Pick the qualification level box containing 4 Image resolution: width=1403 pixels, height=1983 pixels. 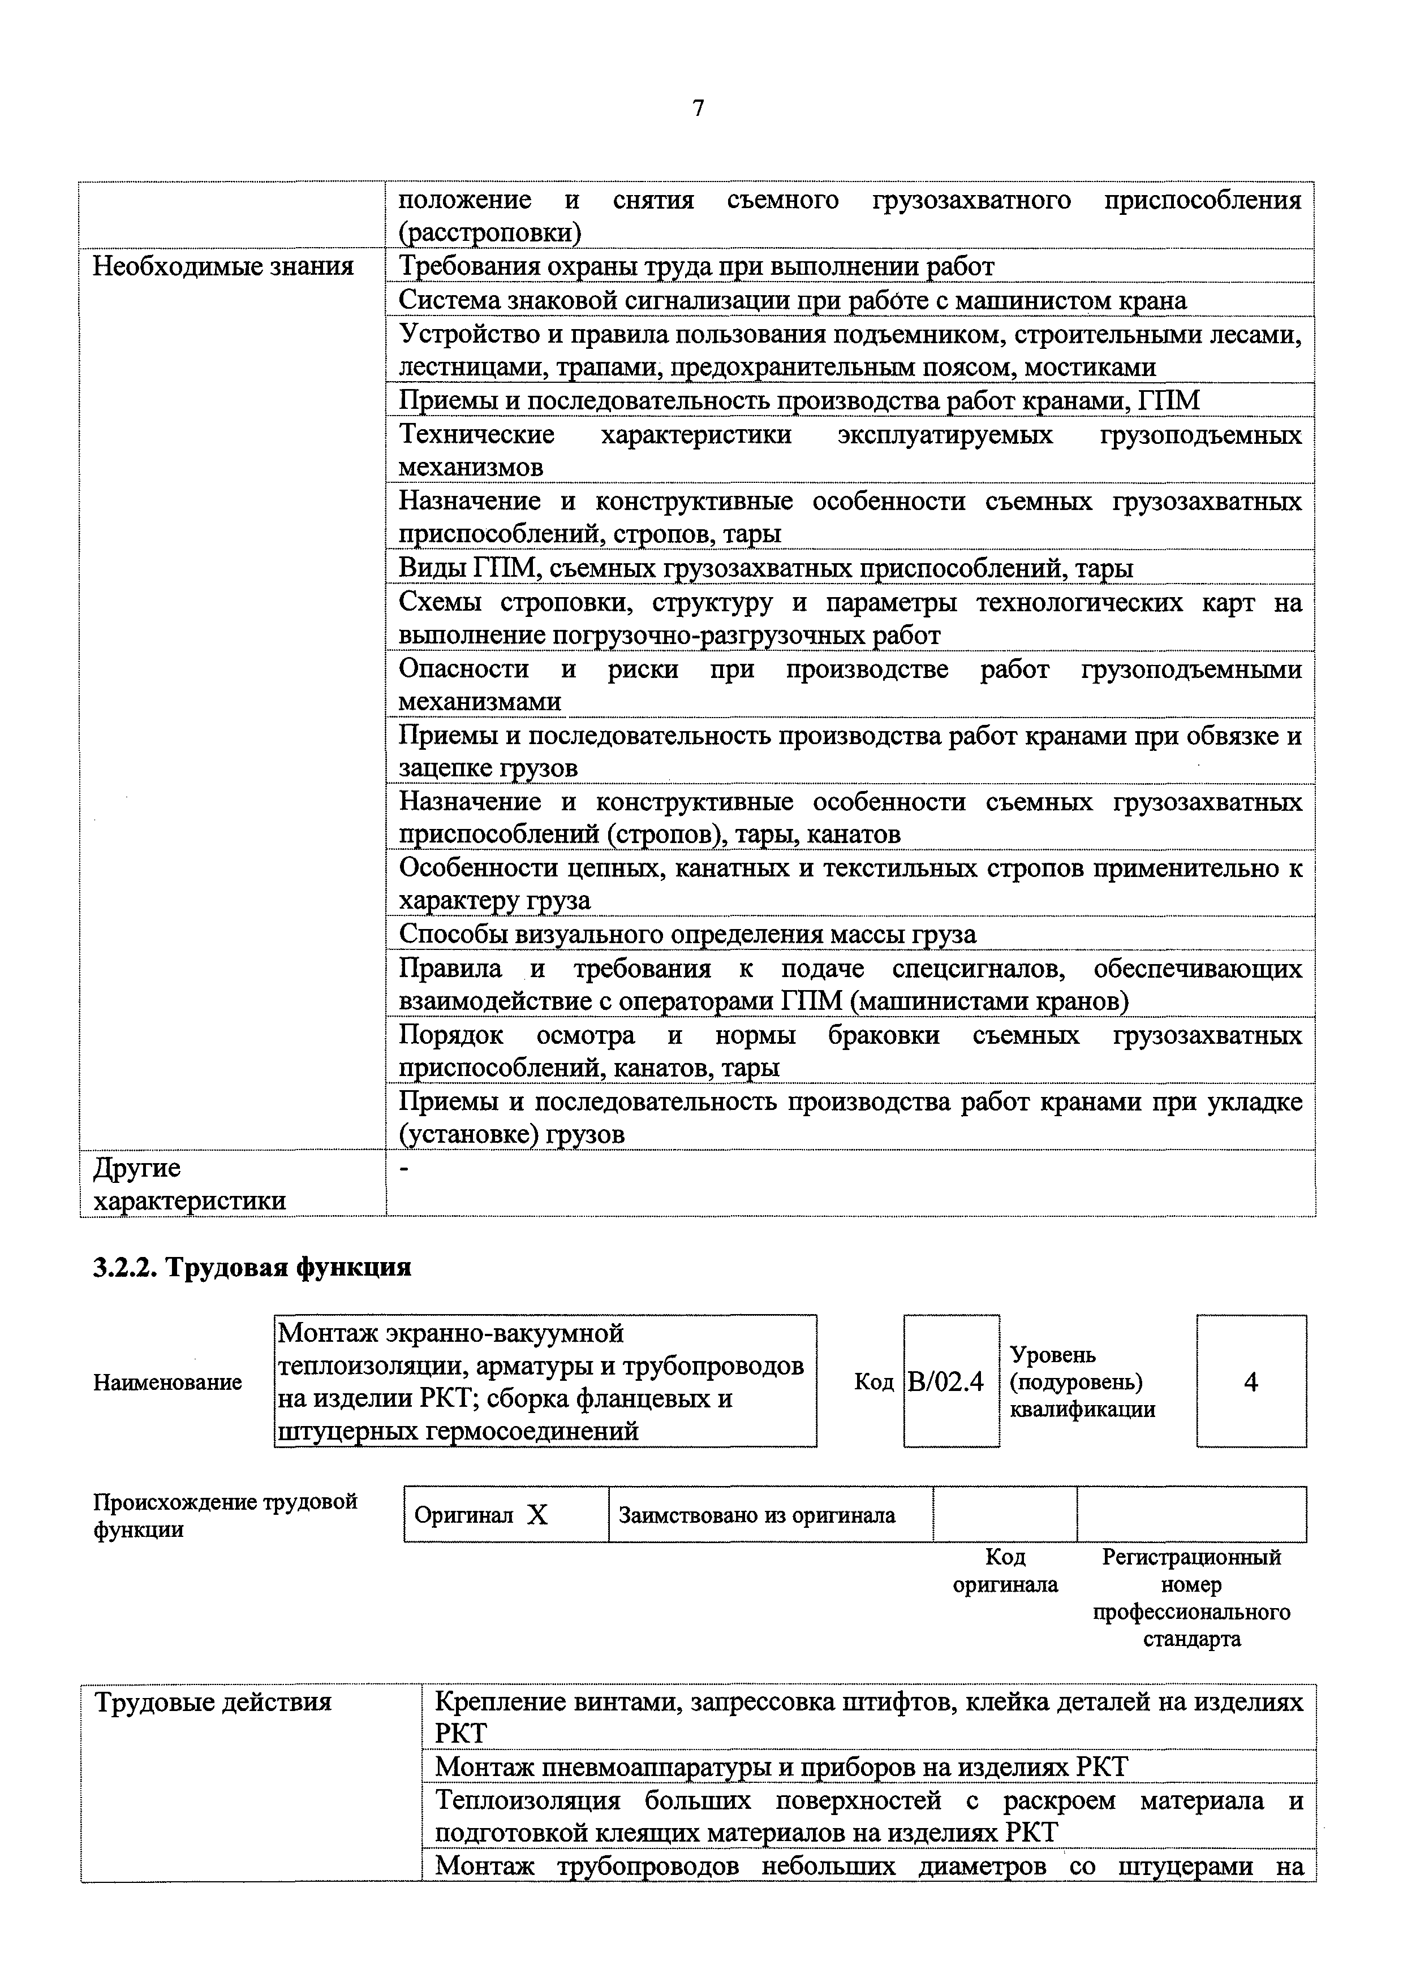point(1250,1382)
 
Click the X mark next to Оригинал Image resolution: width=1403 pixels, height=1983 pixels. point(537,1515)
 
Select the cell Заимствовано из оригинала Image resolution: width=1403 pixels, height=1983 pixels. point(757,1515)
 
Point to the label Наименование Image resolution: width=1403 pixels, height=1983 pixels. point(167,1383)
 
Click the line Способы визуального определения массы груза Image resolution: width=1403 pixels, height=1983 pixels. point(688,934)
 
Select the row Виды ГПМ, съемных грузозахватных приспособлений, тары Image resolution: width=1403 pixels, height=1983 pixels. point(765,568)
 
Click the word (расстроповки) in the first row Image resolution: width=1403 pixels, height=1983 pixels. point(490,233)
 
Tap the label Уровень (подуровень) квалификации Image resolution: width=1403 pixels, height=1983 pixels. point(1082,1382)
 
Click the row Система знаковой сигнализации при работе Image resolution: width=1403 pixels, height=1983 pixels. point(792,301)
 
